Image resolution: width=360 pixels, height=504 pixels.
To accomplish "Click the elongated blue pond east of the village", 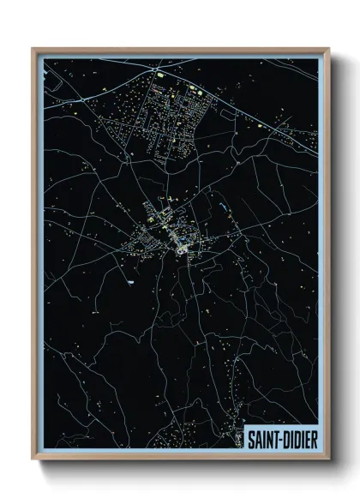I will click(224, 208).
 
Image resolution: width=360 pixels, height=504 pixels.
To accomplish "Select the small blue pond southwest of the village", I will click(130, 281).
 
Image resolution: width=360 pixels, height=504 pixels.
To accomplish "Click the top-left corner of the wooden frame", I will click(33, 49).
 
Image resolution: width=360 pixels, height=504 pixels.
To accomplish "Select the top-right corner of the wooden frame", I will click(327, 49).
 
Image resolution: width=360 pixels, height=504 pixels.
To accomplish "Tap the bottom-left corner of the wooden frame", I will click(33, 459).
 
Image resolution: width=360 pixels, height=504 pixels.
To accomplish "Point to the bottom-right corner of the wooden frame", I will click(327, 459).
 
